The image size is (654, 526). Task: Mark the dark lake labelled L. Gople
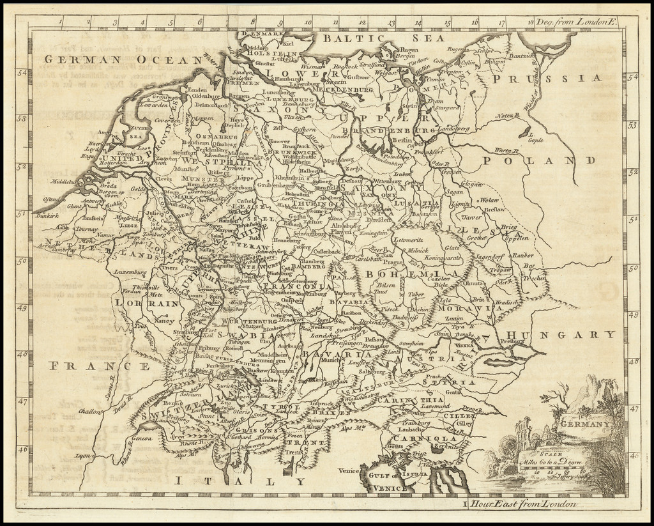pos(527,135)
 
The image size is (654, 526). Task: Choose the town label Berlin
pos(402,140)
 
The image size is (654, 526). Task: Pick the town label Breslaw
pos(494,209)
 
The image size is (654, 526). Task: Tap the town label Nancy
pos(164,321)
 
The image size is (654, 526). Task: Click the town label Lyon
pos(80,456)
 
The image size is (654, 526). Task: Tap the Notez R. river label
pos(505,116)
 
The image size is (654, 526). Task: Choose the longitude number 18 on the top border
pos(531,22)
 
